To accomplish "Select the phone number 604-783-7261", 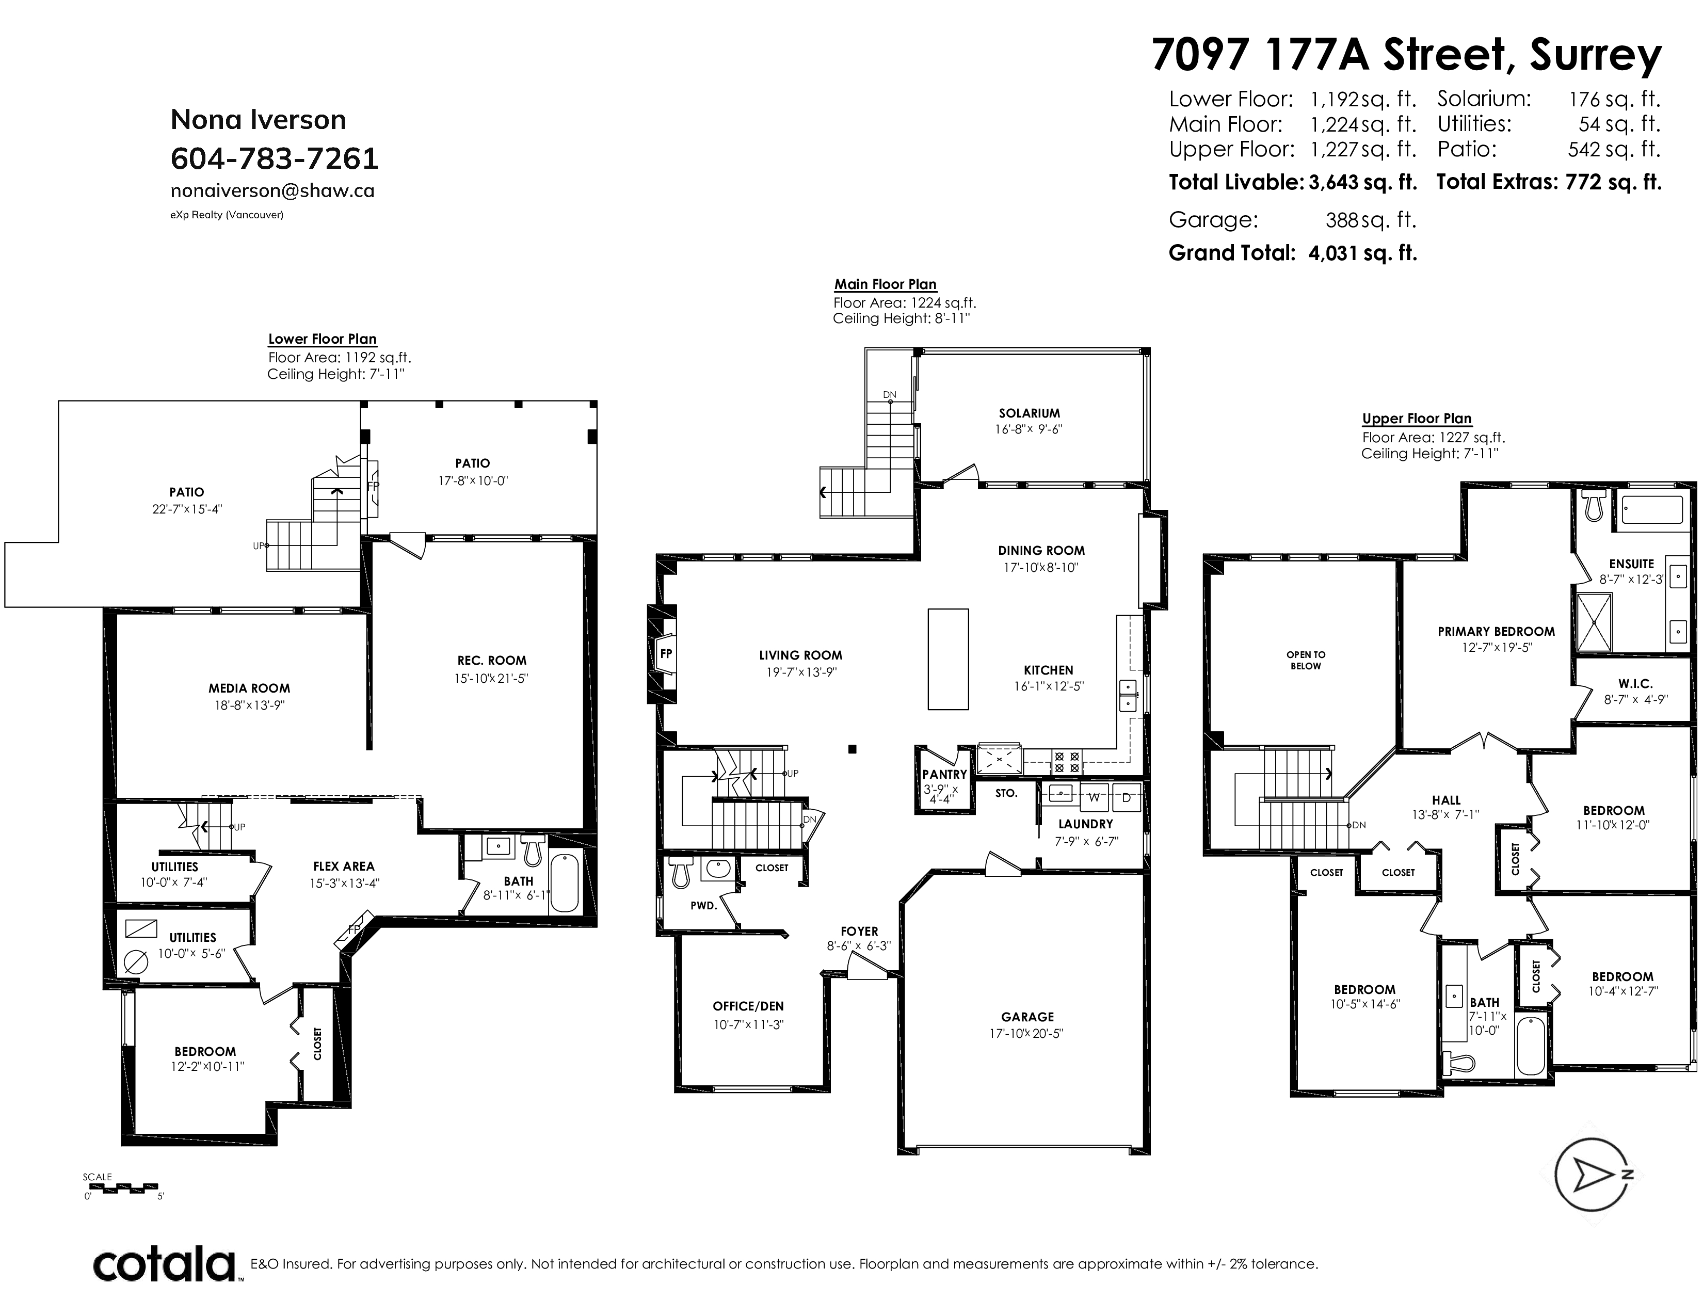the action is coord(275,158).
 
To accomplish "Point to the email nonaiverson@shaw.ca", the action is coord(272,191).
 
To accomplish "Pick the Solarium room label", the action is coord(1030,413).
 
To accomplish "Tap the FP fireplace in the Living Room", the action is coord(666,654).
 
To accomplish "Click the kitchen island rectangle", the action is coord(947,659).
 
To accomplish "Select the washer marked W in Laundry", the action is coord(1094,797).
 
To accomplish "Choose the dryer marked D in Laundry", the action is coord(1126,797).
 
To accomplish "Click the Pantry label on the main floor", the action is coord(944,774).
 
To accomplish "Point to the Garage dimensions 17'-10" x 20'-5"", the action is coord(1027,1034).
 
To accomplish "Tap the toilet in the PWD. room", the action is coord(681,872).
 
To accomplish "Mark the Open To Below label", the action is coord(1306,661).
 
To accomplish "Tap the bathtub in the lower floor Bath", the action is coord(565,884).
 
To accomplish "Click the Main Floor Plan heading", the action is coord(886,284).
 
